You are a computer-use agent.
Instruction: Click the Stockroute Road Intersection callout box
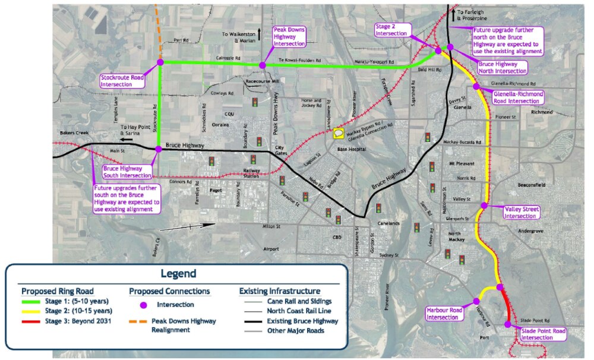(124, 80)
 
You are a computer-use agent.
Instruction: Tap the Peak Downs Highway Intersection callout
(289, 37)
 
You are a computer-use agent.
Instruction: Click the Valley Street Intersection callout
(522, 213)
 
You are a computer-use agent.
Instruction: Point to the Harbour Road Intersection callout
(444, 313)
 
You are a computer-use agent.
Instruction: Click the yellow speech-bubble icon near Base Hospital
(339, 134)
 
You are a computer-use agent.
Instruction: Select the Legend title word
(176, 274)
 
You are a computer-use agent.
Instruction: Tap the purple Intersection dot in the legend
(142, 305)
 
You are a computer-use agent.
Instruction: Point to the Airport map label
(270, 248)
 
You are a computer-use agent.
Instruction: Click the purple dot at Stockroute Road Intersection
(159, 61)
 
